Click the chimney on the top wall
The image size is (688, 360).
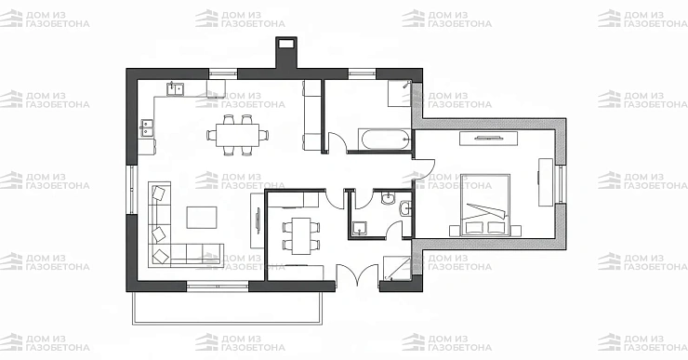pyautogui.click(x=286, y=53)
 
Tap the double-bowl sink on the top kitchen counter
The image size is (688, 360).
pyautogui.click(x=176, y=88)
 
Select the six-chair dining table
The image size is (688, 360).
pyautogui.click(x=237, y=135)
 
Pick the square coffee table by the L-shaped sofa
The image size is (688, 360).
pyautogui.click(x=202, y=218)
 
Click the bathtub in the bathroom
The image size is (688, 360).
pyautogui.click(x=384, y=140)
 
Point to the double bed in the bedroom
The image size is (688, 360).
pyautogui.click(x=485, y=205)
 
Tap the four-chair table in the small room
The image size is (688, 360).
pyautogui.click(x=301, y=235)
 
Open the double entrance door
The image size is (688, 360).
pyautogui.click(x=357, y=273)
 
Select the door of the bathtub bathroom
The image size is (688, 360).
pyautogui.click(x=337, y=141)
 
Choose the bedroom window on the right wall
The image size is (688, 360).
pyautogui.click(x=561, y=184)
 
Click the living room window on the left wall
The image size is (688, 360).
pyautogui.click(x=132, y=190)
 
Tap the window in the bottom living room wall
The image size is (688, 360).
pyautogui.click(x=218, y=287)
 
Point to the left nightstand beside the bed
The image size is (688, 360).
pyautogui.click(x=455, y=231)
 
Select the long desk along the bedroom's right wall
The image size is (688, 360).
pyautogui.click(x=546, y=182)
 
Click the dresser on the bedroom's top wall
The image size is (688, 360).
pyautogui.click(x=488, y=139)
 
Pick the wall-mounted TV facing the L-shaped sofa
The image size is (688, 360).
pyautogui.click(x=258, y=219)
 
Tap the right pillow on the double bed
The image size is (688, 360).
pyautogui.click(x=496, y=227)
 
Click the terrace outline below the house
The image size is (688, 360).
pyautogui.click(x=227, y=323)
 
